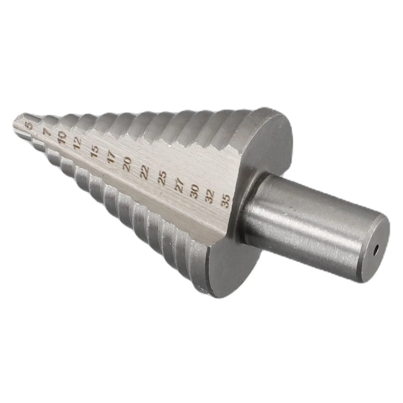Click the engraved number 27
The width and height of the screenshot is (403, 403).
pyautogui.click(x=179, y=185)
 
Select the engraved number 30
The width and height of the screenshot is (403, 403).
pyautogui.click(x=195, y=192)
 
